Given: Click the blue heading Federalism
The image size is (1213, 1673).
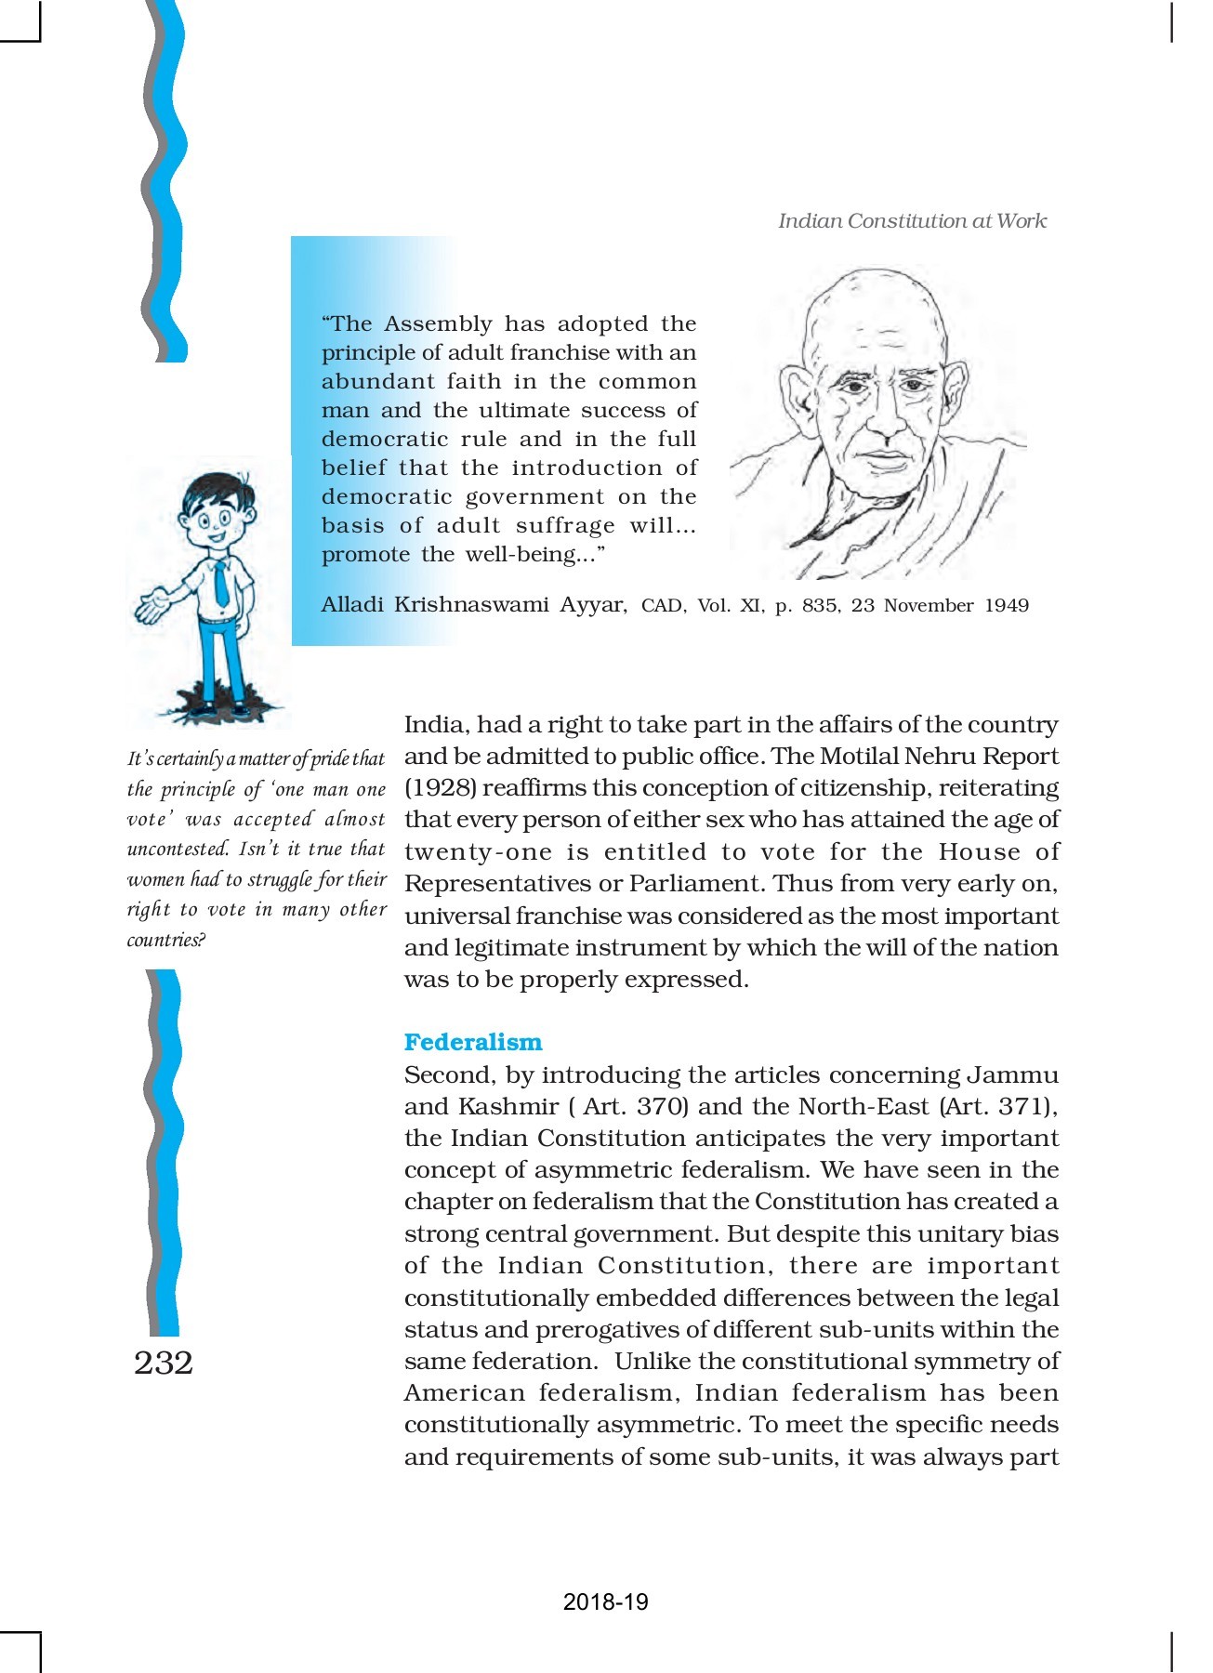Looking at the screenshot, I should [x=473, y=1042].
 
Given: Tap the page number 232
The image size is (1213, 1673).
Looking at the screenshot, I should [x=164, y=1363].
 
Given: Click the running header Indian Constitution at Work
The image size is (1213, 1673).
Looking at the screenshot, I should [x=912, y=221].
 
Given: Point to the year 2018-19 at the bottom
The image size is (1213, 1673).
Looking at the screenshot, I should [x=605, y=1601].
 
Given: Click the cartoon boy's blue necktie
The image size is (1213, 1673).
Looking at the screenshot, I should [x=221, y=583].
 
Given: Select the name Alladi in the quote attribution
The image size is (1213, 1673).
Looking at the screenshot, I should [x=352, y=605].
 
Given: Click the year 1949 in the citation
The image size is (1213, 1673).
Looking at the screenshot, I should [x=1007, y=606].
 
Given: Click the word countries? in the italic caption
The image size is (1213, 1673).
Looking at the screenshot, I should [x=166, y=940].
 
